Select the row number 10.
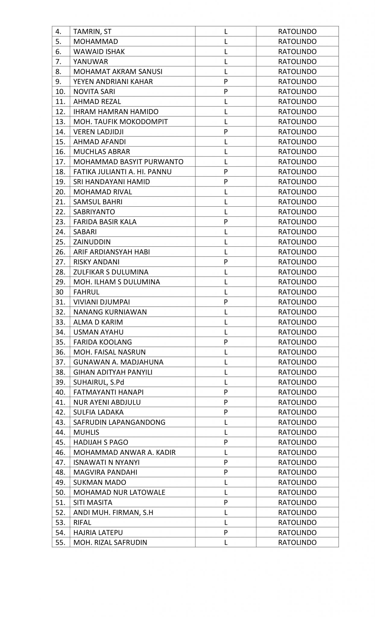coord(60,92)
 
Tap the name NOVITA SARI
coord(94,92)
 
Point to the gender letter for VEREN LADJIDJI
coord(225,132)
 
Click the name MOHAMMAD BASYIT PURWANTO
coord(128,162)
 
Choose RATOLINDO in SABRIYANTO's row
coord(297,212)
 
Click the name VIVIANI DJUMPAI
coord(102,302)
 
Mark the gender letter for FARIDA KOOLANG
coord(225,342)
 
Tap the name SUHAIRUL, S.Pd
coord(99,382)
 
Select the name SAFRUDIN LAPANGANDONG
coord(119,422)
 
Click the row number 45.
coord(60,442)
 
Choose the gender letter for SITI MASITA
coord(225,502)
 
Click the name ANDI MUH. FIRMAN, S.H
coord(113,512)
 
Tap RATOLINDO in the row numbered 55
coord(297,542)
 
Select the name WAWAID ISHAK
coord(99,52)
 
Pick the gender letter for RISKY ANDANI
coord(225,262)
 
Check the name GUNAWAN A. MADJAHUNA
coord(118,362)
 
